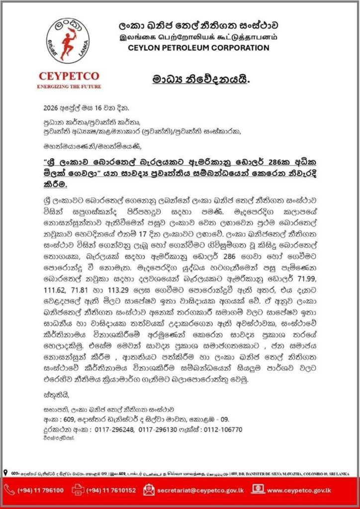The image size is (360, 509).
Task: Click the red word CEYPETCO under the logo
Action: tap(69, 76)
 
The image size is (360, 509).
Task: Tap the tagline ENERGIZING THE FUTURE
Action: tap(69, 86)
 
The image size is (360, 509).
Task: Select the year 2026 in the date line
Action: tap(51, 107)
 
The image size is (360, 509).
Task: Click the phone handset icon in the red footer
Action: tap(10, 490)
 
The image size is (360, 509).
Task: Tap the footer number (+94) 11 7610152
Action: tap(112, 490)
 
